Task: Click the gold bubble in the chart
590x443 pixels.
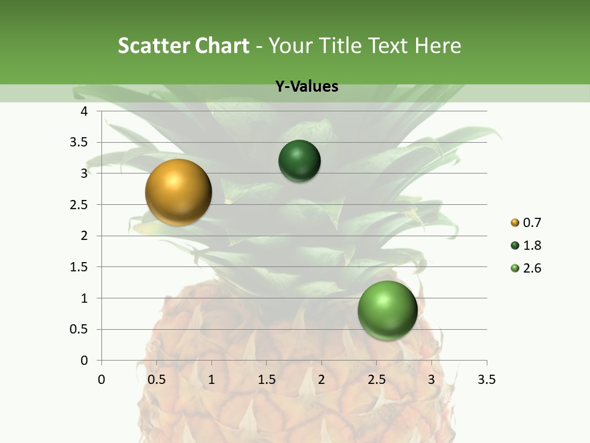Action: click(178, 192)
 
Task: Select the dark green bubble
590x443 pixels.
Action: click(299, 161)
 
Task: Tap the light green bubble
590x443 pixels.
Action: click(387, 310)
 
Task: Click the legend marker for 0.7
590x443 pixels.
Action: click(515, 223)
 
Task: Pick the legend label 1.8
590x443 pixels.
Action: click(532, 245)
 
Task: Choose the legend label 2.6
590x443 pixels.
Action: click(532, 268)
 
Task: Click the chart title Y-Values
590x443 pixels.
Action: click(307, 87)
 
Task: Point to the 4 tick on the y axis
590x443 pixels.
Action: click(84, 111)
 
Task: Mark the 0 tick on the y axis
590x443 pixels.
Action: click(84, 361)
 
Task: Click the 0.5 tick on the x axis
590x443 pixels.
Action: click(156, 380)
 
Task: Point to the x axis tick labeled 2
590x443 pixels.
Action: click(321, 380)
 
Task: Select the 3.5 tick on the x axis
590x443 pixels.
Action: click(486, 380)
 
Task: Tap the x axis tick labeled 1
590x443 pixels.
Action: click(211, 380)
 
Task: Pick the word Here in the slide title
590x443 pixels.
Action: click(437, 46)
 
